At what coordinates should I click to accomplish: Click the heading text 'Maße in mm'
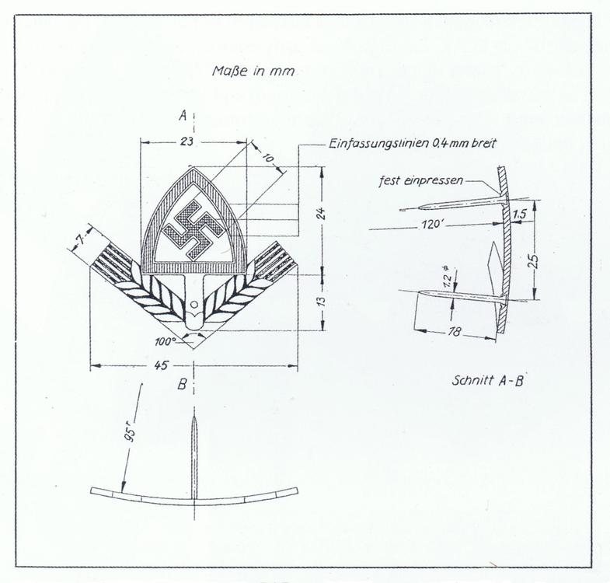253,72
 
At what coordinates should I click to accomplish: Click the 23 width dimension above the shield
186,141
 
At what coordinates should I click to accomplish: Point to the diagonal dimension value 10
268,158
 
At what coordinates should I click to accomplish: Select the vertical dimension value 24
321,214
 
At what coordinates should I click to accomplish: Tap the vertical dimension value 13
322,302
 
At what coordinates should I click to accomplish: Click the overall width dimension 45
162,365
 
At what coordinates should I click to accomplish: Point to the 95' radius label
131,435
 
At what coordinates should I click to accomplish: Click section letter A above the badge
183,115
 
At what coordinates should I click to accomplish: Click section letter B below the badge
182,385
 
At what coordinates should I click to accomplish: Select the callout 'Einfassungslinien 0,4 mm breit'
413,144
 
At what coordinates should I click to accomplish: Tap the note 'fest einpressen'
421,181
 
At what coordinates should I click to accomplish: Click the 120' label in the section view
433,225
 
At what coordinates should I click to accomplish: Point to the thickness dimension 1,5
520,214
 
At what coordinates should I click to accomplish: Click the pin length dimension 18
454,331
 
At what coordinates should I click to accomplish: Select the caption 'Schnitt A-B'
487,380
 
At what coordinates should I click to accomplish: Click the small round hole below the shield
194,304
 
